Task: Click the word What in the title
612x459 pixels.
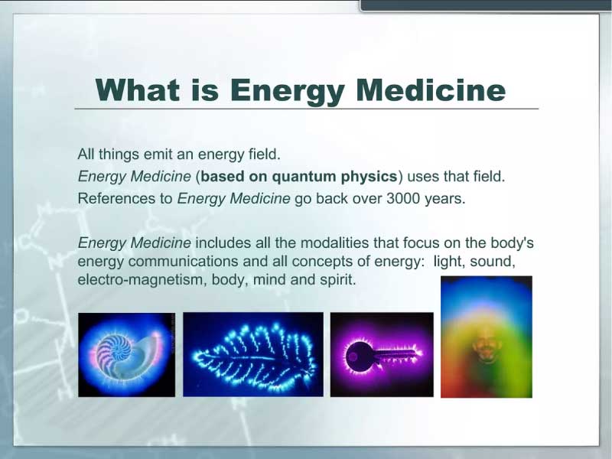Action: pos(138,90)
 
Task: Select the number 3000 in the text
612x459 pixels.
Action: pos(403,199)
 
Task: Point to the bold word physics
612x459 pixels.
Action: pos(369,177)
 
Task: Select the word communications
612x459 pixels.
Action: pos(183,261)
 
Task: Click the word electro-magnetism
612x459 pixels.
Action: pos(142,280)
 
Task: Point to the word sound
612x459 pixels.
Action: pos(493,261)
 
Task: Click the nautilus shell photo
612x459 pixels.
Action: pos(126,355)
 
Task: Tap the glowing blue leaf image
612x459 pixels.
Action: pos(253,354)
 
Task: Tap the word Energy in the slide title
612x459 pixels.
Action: pos(288,91)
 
